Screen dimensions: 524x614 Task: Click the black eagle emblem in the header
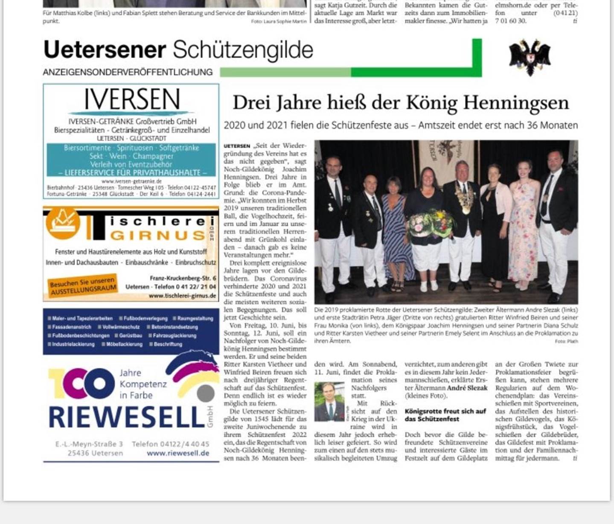(530, 57)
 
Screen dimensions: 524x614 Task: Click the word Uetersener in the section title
(105, 49)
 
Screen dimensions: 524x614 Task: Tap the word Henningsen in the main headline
(516, 103)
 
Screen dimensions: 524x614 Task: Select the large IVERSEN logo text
(132, 100)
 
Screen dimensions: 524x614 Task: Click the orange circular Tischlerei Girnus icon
(63, 223)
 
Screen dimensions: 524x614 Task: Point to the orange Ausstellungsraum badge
(83, 285)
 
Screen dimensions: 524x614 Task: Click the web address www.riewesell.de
(178, 453)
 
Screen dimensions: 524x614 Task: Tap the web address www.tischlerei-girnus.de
(182, 296)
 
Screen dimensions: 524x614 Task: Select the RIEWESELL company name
(127, 417)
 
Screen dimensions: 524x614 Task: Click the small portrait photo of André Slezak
(329, 402)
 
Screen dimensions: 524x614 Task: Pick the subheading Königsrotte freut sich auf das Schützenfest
(445, 415)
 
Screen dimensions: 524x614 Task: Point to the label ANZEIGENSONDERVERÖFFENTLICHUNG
(128, 72)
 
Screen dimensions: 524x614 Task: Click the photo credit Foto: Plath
(566, 341)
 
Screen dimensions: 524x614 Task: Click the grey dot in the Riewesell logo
(206, 393)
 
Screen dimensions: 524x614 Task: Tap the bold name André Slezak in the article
(467, 388)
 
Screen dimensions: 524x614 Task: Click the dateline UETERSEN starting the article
(237, 146)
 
